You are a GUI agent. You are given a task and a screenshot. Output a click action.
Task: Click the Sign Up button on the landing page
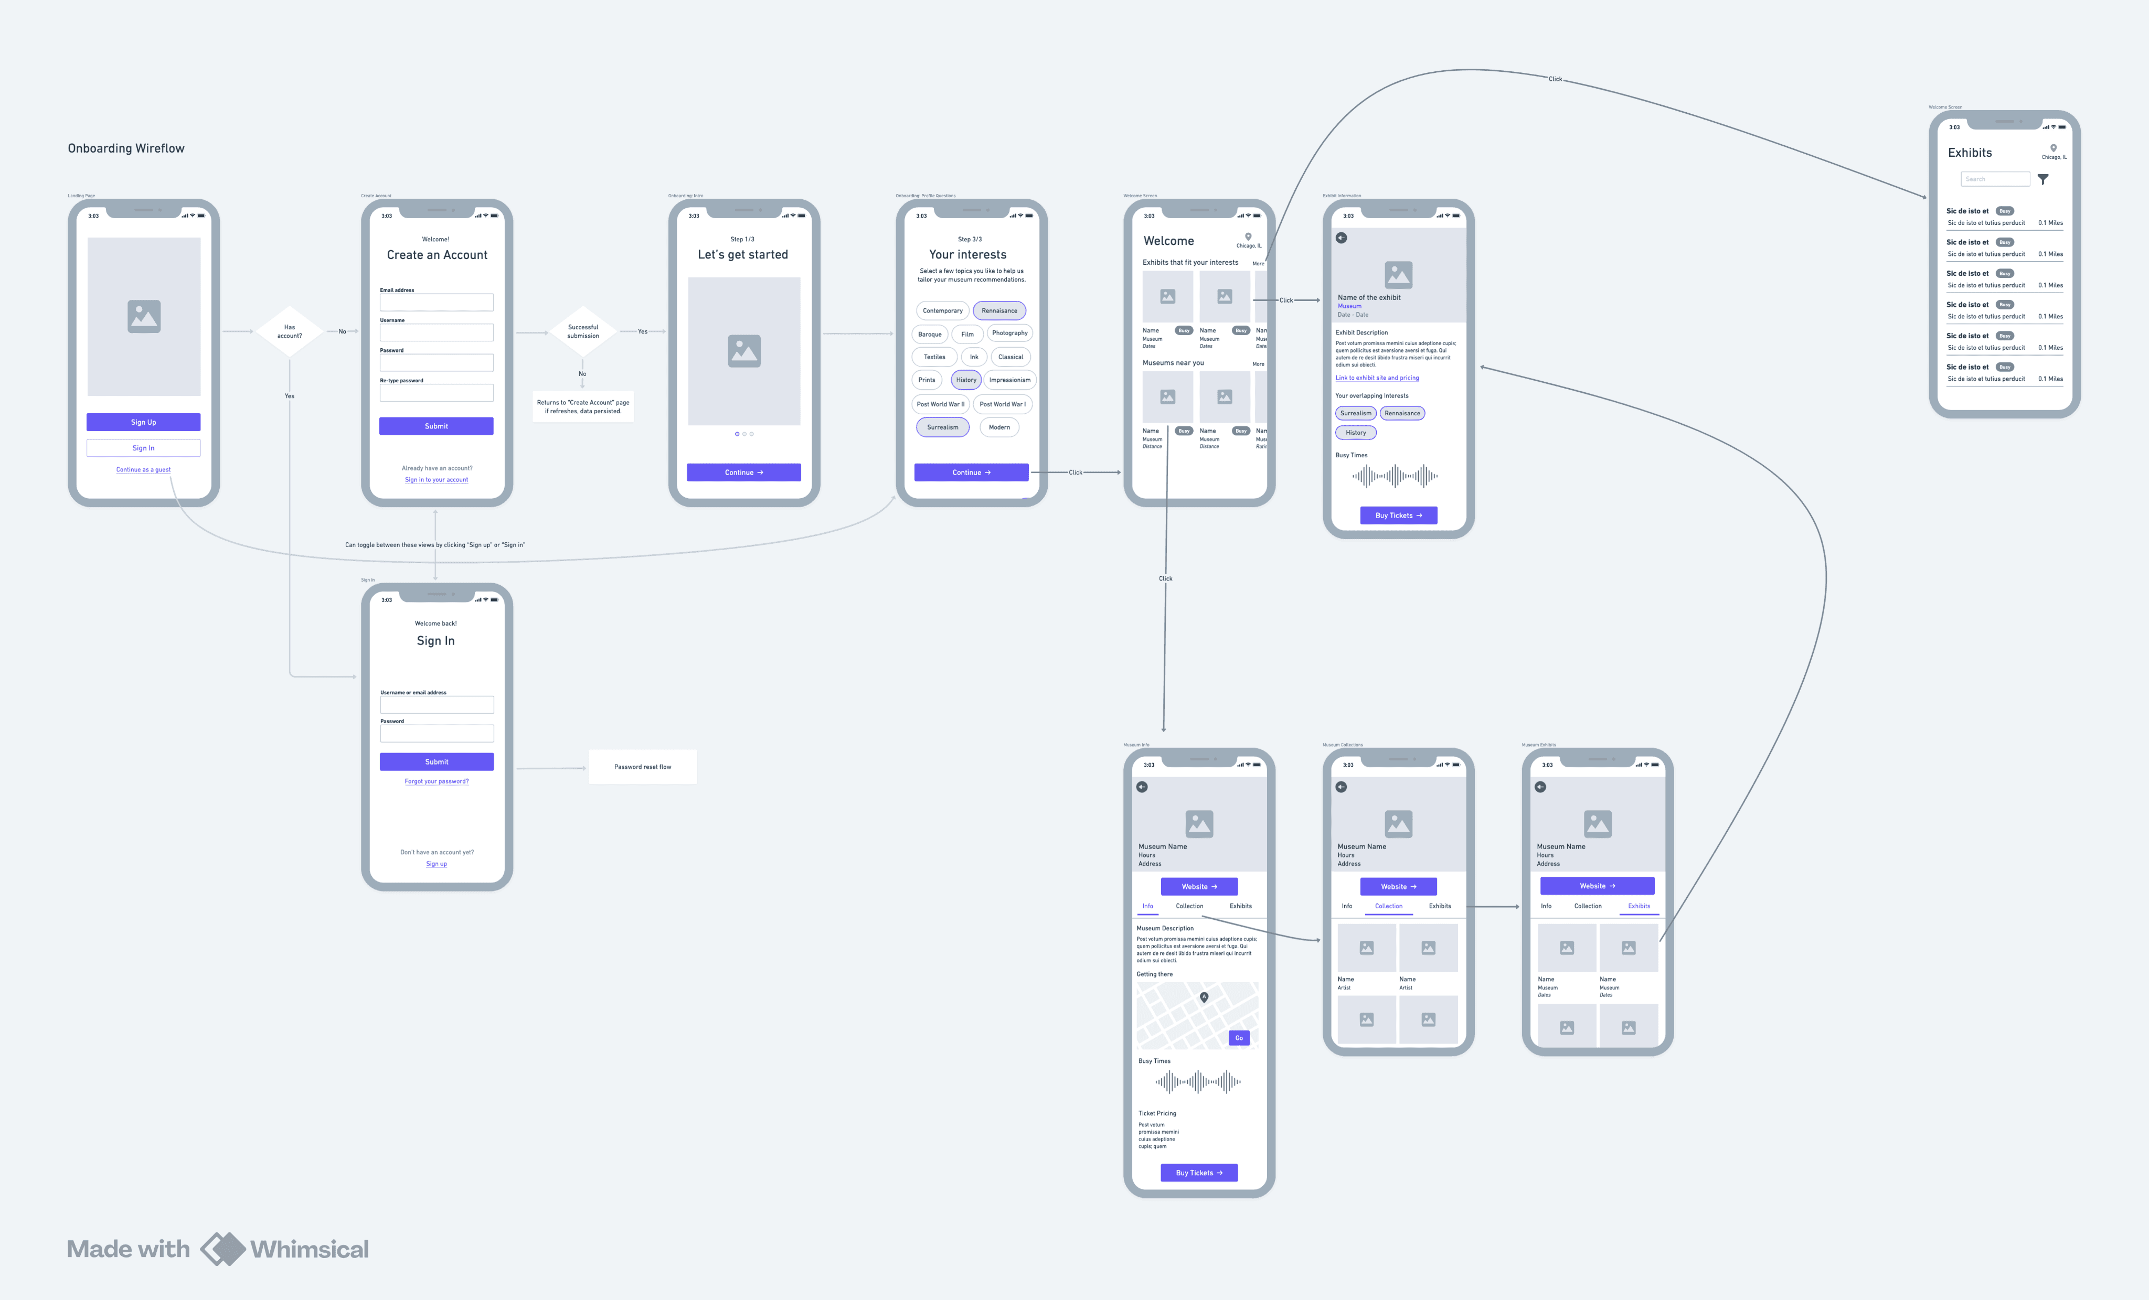pyautogui.click(x=143, y=422)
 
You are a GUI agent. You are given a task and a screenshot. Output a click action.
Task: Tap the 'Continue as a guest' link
pyautogui.click(x=143, y=470)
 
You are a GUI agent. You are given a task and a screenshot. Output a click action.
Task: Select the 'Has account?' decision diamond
pyautogui.click(x=290, y=331)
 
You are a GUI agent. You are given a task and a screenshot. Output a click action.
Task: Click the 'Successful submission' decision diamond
pyautogui.click(x=582, y=331)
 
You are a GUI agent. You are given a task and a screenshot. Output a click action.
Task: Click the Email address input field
pyautogui.click(x=436, y=303)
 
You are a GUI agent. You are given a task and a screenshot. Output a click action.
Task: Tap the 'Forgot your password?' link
pyautogui.click(x=436, y=781)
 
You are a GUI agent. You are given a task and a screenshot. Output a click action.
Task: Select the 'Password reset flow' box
pyautogui.click(x=642, y=766)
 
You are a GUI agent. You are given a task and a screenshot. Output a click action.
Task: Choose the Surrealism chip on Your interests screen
pyautogui.click(x=942, y=427)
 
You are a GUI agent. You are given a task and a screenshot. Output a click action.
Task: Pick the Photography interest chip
pyautogui.click(x=1009, y=333)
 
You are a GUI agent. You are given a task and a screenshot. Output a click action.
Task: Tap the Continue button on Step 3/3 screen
pyautogui.click(x=971, y=472)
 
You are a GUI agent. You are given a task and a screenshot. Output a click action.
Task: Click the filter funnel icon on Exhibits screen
pyautogui.click(x=2042, y=180)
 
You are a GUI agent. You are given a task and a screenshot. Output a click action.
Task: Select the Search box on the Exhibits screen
pyautogui.click(x=1995, y=179)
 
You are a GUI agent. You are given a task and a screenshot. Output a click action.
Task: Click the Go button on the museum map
pyautogui.click(x=1239, y=1038)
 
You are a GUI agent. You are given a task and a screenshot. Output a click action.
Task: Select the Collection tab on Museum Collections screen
pyautogui.click(x=1388, y=906)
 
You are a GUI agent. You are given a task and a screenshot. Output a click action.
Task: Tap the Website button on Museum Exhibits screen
pyautogui.click(x=1597, y=886)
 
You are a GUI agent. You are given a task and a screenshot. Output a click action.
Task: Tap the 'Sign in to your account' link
pyautogui.click(x=436, y=479)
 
